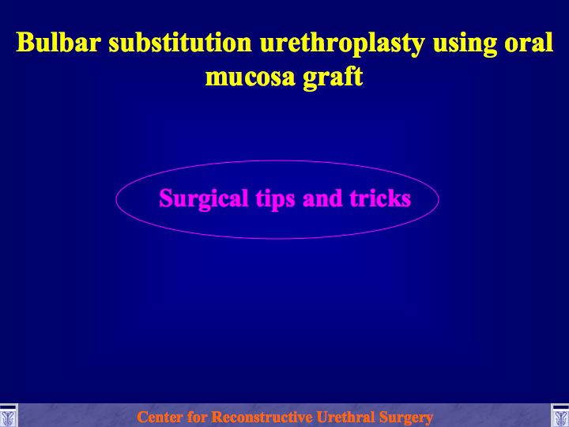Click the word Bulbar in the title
click(58, 42)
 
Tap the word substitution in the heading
click(180, 42)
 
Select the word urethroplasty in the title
click(342, 44)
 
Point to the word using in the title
click(465, 44)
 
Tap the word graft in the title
click(333, 77)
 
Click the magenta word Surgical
click(204, 199)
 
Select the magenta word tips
click(275, 199)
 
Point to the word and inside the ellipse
click(322, 198)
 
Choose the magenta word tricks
click(380, 198)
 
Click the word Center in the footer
click(159, 417)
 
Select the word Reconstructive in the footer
click(262, 417)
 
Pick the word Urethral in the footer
click(345, 417)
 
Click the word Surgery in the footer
click(405, 418)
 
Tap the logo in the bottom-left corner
click(9, 415)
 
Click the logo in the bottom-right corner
click(560, 415)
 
